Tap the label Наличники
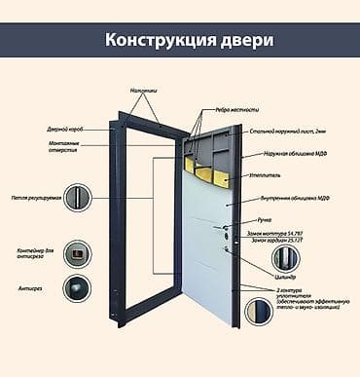point(143,90)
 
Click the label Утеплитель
point(269,177)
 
